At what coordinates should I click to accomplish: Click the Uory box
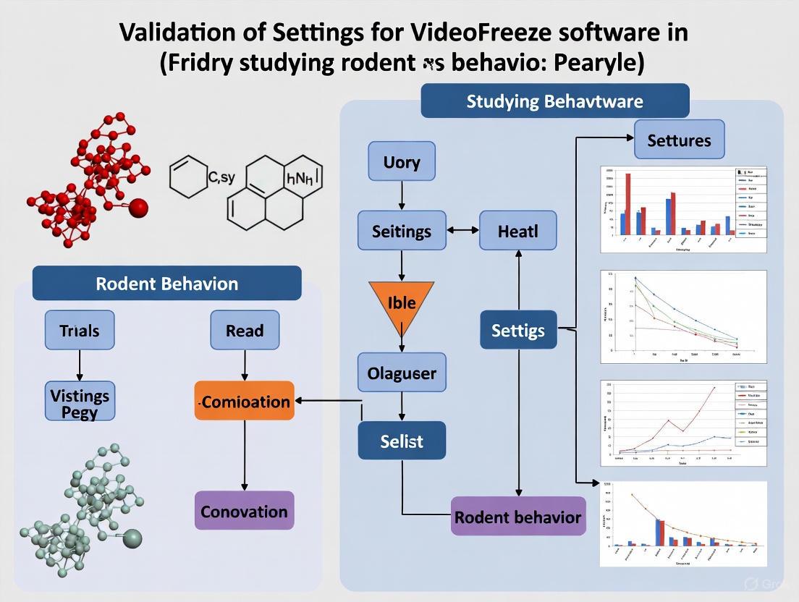[x=402, y=161]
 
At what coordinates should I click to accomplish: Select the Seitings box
[x=402, y=232]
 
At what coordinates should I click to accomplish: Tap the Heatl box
[x=517, y=232]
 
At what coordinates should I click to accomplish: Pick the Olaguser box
[x=402, y=374]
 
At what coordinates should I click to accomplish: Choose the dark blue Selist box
[x=402, y=441]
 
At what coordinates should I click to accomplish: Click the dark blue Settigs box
[x=517, y=331]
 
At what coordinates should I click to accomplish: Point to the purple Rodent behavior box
[x=517, y=517]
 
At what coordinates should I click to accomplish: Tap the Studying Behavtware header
[x=554, y=101]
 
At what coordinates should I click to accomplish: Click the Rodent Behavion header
[x=166, y=283]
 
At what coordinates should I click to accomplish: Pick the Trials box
[x=79, y=331]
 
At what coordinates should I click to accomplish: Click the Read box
[x=244, y=331]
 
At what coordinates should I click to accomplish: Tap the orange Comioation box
[x=245, y=402]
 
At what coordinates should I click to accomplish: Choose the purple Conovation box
[x=244, y=511]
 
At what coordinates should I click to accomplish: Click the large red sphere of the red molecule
[x=138, y=208]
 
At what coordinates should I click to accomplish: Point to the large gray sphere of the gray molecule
[x=133, y=538]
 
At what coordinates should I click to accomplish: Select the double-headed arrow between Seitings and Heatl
[x=464, y=231]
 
